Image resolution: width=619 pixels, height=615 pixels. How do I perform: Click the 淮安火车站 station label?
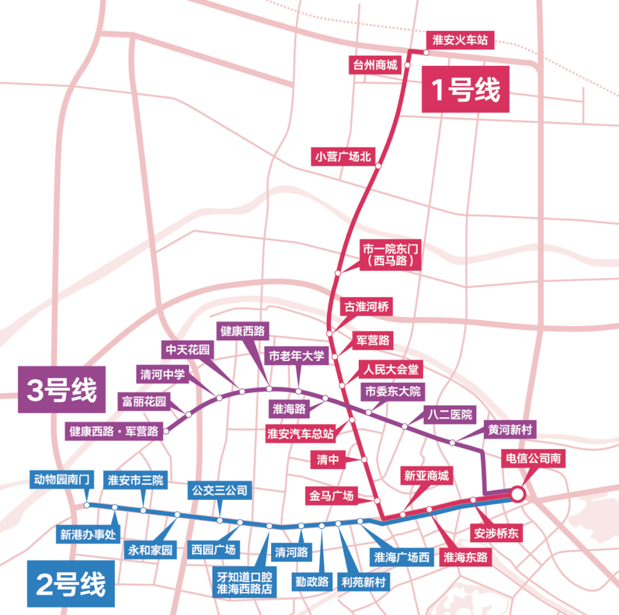coord(460,40)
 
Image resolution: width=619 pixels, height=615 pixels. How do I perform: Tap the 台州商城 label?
coord(375,64)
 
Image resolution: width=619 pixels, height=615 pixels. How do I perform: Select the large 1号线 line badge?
coord(465,89)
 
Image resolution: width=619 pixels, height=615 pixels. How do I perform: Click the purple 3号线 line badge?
coord(61,390)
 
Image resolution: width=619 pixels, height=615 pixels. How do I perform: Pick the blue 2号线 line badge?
coord(71,584)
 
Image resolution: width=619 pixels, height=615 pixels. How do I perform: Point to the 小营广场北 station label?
coord(343,156)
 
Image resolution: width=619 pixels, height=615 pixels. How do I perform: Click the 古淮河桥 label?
coord(366,306)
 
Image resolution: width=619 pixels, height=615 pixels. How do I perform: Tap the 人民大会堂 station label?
coord(391,369)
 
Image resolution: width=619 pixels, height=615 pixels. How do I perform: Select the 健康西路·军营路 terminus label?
coord(114,431)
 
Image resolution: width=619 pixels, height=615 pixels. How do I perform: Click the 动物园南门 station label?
coord(61,479)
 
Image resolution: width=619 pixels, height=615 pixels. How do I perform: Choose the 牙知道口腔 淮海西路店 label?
coord(244,583)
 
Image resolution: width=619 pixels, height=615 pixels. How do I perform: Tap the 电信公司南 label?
coord(534,459)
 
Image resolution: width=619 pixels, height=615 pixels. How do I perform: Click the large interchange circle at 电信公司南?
coord(517,493)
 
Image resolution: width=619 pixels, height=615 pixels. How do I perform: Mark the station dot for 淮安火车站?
coord(426,52)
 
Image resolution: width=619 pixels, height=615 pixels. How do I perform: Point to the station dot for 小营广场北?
coord(378,166)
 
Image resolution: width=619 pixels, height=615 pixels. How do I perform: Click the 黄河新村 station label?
coord(510,429)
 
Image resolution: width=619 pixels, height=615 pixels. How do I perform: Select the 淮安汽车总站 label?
coord(300,433)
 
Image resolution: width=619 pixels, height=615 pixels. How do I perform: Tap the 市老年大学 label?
coord(296,356)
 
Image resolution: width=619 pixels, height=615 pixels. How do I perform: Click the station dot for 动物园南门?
coord(87,505)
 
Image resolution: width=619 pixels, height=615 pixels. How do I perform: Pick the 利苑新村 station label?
coord(363,582)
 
